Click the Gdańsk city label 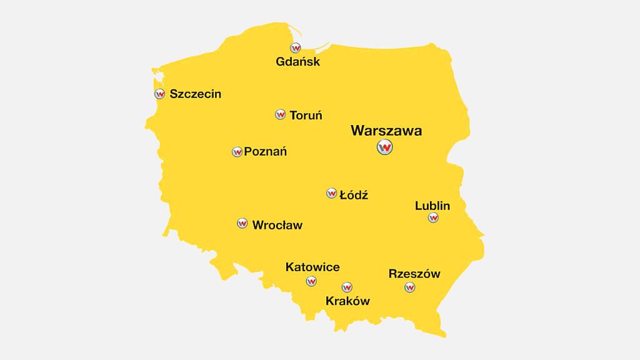297,62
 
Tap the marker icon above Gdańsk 296,47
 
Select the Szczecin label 195,94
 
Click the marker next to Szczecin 159,94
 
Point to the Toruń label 306,115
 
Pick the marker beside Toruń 280,114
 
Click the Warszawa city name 386,131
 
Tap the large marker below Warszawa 385,147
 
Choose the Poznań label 265,151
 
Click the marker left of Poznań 237,152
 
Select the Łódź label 353,195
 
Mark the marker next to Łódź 331,193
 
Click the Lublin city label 432,206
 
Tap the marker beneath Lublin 432,218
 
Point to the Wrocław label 277,224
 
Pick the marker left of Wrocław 242,223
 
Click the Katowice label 312,267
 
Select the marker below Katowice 311,281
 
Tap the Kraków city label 347,301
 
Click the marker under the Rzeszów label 410,287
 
